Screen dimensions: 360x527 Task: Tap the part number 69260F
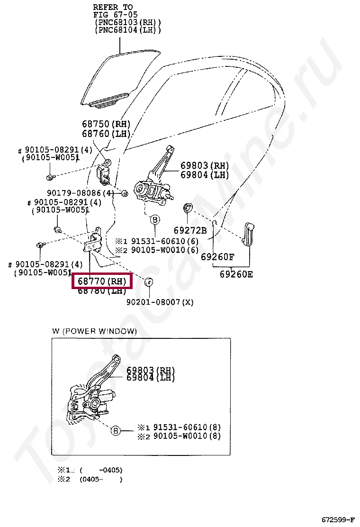tap(217, 257)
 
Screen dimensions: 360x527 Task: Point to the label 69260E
tap(236, 274)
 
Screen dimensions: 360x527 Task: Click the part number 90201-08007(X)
tap(160, 302)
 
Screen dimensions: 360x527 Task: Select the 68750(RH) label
tap(106, 124)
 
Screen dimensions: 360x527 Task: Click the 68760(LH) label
tap(106, 134)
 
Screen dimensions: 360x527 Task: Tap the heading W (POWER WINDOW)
tap(94, 331)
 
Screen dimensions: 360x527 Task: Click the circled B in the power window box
tap(116, 431)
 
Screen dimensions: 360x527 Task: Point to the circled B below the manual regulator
tap(155, 220)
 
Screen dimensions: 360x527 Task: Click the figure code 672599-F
tap(338, 519)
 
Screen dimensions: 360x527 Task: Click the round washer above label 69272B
tap(188, 207)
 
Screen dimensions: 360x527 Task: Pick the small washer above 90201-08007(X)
tap(148, 282)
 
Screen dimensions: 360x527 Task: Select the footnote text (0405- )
tap(101, 479)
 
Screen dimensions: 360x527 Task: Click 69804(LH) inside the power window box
tap(151, 378)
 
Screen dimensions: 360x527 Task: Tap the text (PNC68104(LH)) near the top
tap(128, 30)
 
